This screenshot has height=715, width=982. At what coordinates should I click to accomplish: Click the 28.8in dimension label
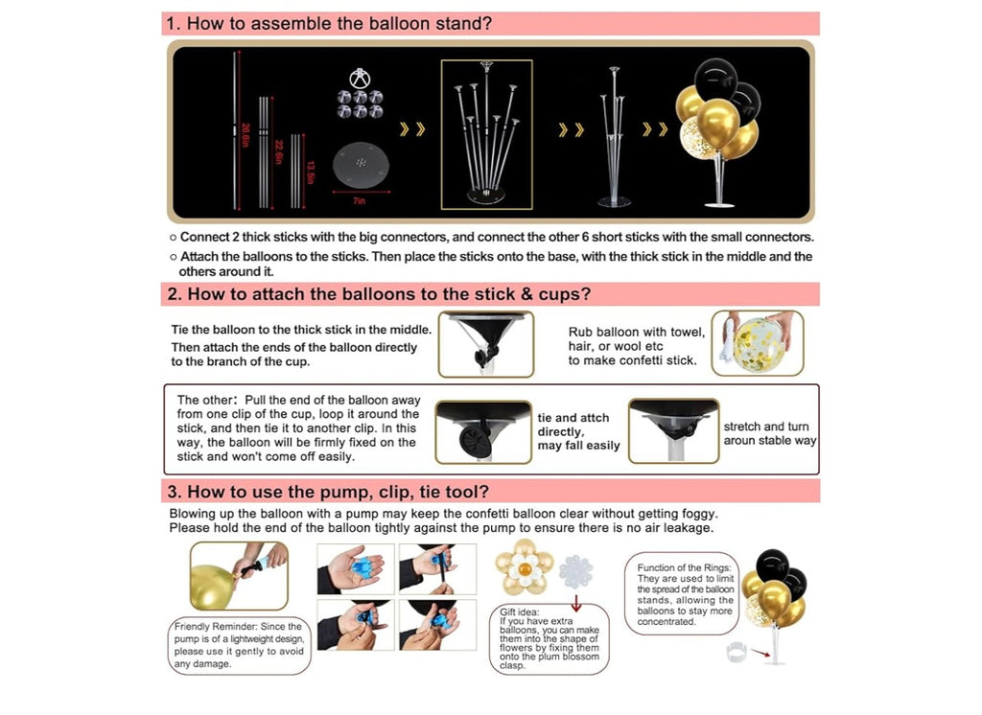(245, 135)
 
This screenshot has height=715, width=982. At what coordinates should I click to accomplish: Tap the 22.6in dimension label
(279, 152)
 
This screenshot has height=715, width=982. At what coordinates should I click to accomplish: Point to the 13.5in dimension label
(311, 173)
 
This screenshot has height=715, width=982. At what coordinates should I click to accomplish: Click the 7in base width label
(359, 201)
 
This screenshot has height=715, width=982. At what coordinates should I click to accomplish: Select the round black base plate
(361, 165)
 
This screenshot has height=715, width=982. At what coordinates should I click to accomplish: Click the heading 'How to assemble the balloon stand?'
(330, 24)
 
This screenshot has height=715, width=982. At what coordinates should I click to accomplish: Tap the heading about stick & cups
(379, 294)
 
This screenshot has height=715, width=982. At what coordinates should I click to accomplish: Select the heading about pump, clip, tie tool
(328, 492)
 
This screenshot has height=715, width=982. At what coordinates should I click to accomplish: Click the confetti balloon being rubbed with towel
(758, 344)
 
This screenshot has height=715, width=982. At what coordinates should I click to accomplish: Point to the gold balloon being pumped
(213, 587)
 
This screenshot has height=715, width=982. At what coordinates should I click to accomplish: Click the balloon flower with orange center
(525, 567)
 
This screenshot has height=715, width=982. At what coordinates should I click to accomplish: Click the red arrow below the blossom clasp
(576, 603)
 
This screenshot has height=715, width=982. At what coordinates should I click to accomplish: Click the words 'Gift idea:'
(519, 611)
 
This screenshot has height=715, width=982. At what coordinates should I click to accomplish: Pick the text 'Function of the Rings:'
(684, 567)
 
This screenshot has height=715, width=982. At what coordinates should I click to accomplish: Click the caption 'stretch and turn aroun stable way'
(770, 433)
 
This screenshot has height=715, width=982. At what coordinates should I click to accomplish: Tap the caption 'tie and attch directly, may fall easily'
(578, 431)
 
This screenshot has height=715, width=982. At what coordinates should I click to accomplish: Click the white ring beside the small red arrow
(737, 652)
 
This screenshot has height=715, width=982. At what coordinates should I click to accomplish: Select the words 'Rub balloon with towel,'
(637, 332)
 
